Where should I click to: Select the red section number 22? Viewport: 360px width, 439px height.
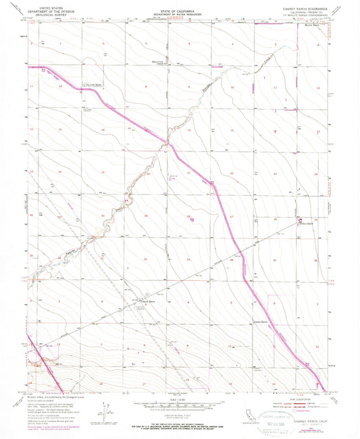click(232, 174)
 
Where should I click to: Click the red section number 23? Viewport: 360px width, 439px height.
click(277, 174)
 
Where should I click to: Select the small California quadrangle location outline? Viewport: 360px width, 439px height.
click(233, 412)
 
